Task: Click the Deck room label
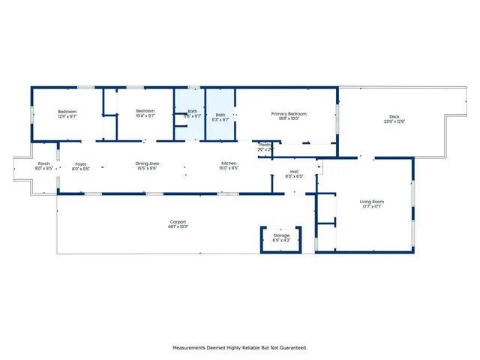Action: click(x=394, y=116)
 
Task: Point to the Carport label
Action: click(x=178, y=221)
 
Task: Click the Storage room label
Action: click(x=281, y=235)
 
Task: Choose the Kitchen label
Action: click(x=229, y=163)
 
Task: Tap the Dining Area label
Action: click(x=146, y=163)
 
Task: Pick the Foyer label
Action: click(x=80, y=163)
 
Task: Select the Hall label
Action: click(x=294, y=172)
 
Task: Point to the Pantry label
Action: click(x=265, y=145)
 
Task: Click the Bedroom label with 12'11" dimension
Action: click(x=67, y=112)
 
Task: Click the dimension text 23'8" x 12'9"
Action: click(x=394, y=121)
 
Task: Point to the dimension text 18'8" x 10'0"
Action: click(x=289, y=118)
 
